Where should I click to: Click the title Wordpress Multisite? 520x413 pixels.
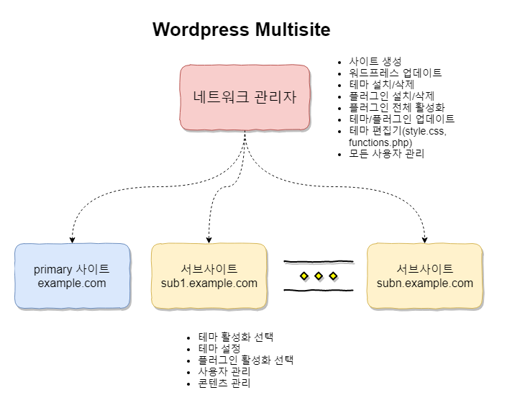(242, 29)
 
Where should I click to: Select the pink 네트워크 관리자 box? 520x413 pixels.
(245, 97)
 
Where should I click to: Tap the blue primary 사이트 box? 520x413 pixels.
(72, 276)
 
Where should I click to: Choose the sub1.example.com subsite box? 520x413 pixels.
(209, 276)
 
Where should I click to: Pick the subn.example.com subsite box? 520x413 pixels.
(424, 276)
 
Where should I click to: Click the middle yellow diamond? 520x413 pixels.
(319, 276)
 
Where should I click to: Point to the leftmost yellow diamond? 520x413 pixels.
(304, 276)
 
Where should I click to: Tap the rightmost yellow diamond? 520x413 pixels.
(333, 276)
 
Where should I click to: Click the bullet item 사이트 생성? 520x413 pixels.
(375, 61)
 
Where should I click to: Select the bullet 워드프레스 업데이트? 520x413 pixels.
(395, 73)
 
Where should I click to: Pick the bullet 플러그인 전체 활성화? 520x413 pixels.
(396, 107)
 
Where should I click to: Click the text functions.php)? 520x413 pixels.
(380, 142)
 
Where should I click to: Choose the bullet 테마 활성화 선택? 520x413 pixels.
(237, 337)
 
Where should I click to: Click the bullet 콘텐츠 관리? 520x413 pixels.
(224, 383)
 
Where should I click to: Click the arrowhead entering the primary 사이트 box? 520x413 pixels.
(72, 239)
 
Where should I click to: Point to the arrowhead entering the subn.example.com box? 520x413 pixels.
(424, 239)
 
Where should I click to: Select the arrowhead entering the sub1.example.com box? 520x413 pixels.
(209, 239)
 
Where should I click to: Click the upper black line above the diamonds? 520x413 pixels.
(319, 260)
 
